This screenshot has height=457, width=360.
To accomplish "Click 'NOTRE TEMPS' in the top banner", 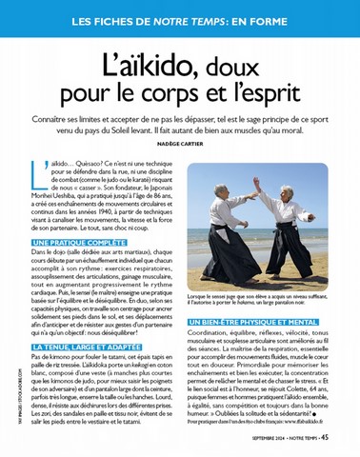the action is click(188, 20).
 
